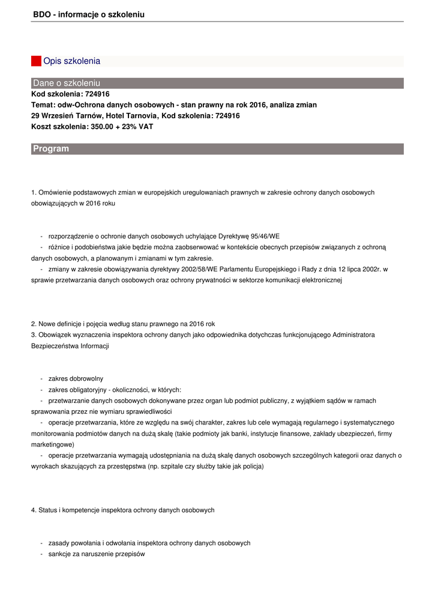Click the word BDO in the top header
(x=42, y=14)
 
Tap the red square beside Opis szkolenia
(x=36, y=61)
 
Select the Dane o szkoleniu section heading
(x=67, y=83)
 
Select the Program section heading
(x=51, y=148)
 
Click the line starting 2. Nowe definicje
(x=123, y=324)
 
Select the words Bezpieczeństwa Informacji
(x=70, y=346)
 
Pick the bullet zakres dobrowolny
(x=76, y=378)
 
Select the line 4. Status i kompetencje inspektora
(x=122, y=510)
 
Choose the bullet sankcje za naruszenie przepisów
(x=97, y=554)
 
